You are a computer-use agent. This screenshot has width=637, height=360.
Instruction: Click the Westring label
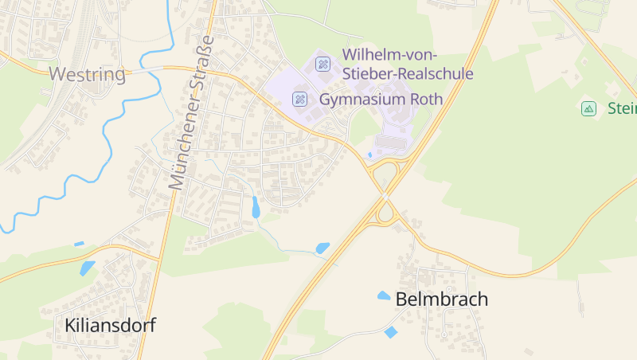coord(88,75)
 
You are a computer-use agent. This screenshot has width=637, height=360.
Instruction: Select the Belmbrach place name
coord(441,299)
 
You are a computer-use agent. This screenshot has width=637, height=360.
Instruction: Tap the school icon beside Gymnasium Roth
coord(300,99)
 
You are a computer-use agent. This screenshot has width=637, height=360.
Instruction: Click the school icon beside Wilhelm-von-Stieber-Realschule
coord(323,63)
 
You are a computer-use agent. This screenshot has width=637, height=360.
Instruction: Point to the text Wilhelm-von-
coord(394,54)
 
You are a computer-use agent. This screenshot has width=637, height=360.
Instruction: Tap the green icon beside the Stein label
coord(588,108)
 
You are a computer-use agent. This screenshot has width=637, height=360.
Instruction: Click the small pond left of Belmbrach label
coord(384,295)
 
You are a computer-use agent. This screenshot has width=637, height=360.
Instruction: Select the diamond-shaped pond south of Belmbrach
coord(390,332)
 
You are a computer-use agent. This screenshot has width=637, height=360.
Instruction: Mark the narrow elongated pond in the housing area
coord(256,207)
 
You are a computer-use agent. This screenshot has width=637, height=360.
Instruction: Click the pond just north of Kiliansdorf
coord(87,268)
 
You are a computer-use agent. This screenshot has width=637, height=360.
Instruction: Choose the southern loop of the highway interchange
coord(386,213)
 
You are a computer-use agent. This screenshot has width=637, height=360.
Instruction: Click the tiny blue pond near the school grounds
coord(369,155)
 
